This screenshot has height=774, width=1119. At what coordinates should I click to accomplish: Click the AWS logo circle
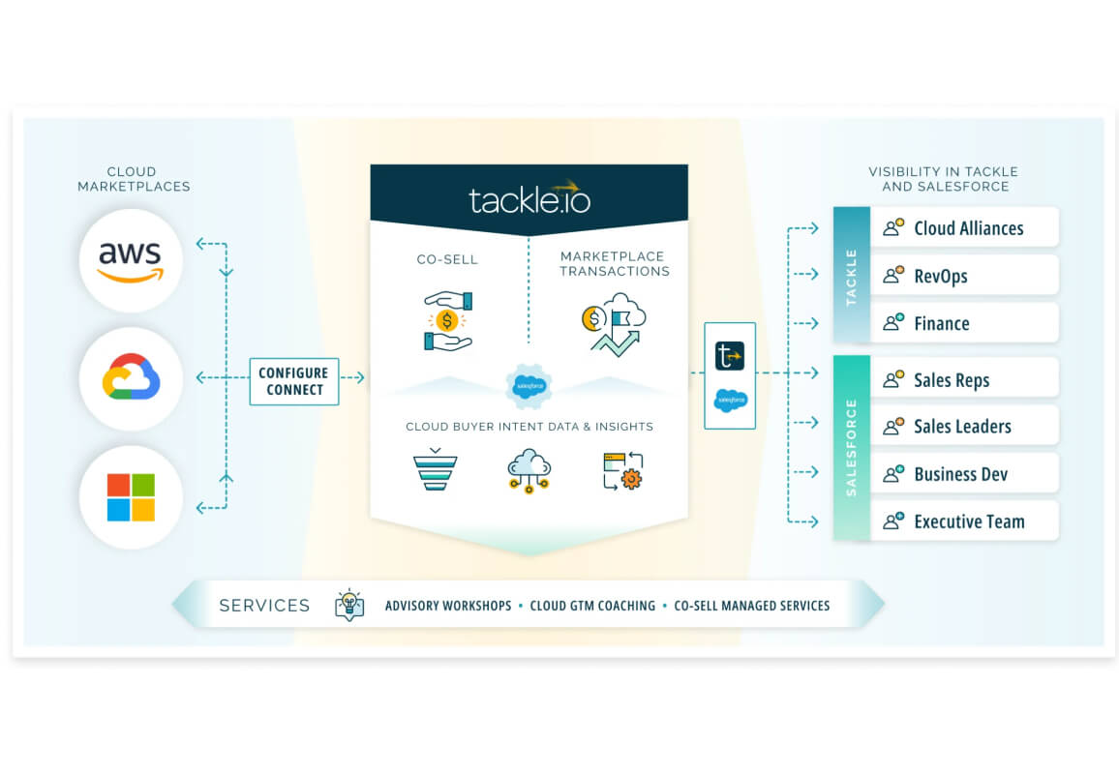131,260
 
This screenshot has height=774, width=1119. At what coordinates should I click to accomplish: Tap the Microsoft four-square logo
131,497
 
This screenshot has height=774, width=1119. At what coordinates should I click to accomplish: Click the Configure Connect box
294,381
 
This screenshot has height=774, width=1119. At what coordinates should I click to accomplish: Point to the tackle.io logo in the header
529,197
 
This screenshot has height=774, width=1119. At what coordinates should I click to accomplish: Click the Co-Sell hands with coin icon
447,321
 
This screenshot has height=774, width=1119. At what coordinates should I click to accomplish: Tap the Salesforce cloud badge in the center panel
529,386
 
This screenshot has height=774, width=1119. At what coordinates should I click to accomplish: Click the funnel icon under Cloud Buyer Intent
436,469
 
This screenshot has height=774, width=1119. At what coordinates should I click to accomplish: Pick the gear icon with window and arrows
623,471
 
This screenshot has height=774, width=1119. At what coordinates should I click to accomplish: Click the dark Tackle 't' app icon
729,355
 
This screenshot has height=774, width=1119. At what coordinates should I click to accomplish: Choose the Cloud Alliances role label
968,228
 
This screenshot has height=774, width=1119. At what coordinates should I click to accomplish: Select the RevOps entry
941,276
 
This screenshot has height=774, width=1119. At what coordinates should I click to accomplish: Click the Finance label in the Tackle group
941,324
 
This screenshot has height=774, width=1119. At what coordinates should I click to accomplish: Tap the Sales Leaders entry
962,427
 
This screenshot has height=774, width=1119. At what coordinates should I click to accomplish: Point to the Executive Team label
969,521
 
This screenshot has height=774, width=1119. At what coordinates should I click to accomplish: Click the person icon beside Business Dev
893,474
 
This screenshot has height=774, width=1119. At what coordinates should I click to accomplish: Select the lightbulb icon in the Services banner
349,605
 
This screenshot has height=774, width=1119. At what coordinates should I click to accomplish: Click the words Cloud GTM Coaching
592,606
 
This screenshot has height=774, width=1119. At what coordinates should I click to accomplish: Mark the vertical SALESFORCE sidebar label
851,447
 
